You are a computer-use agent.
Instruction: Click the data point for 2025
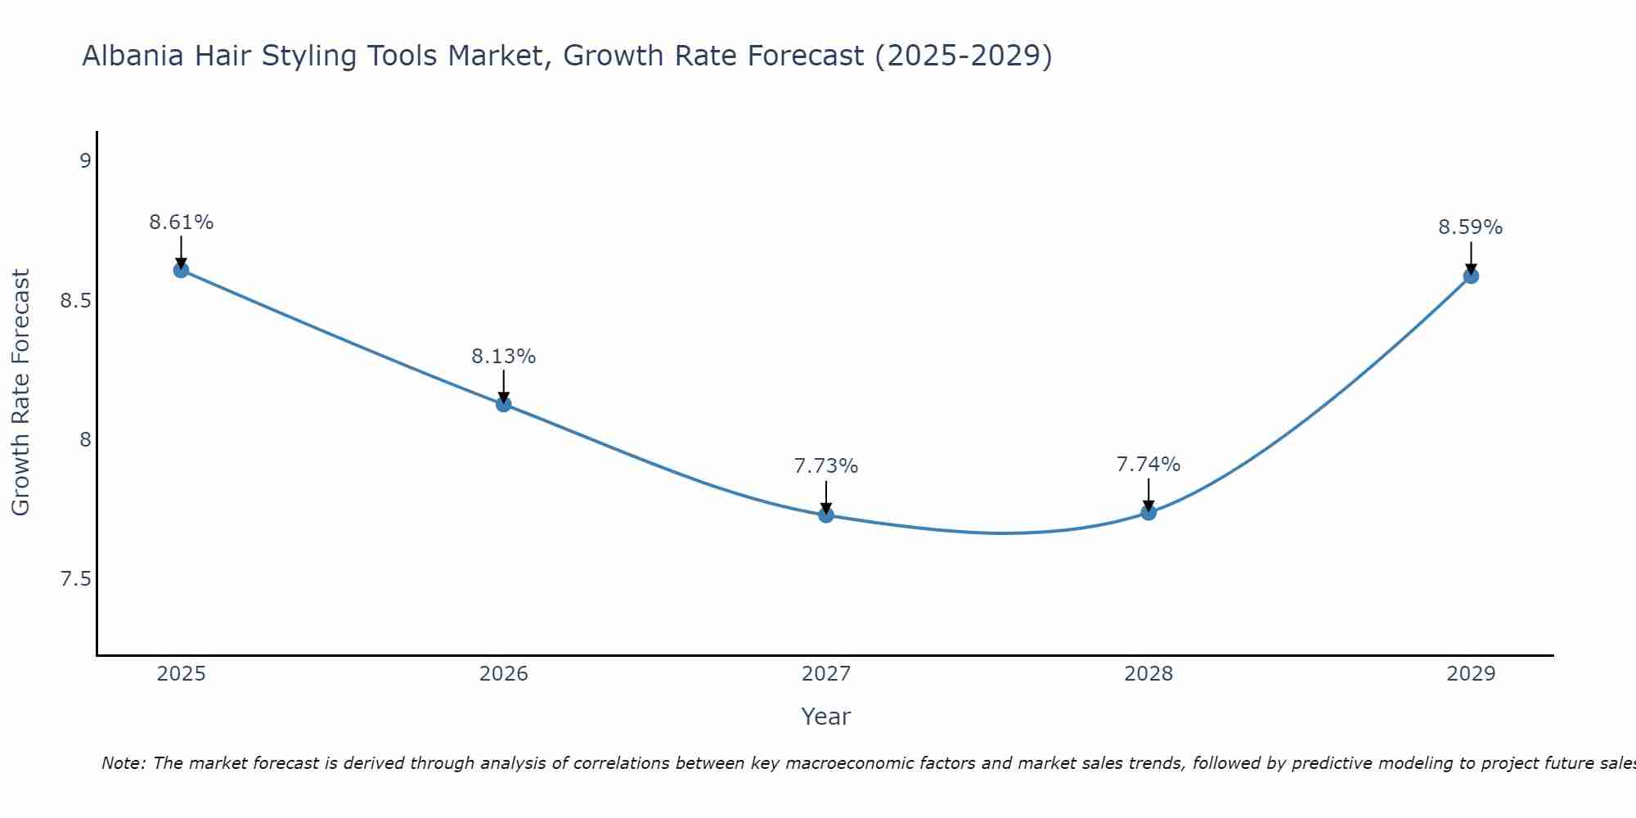click(181, 270)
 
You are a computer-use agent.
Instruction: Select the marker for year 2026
click(503, 404)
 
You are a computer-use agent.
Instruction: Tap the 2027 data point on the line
click(825, 515)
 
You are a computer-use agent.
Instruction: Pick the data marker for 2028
click(1148, 512)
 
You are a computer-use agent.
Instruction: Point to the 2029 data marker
click(1470, 276)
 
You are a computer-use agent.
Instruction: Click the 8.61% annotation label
click(181, 222)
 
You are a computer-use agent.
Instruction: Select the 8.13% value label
click(503, 357)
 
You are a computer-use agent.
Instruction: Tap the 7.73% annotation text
click(825, 466)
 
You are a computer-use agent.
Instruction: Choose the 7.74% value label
click(1148, 465)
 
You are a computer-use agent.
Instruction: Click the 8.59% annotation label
click(1470, 227)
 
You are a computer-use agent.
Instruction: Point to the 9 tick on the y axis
click(84, 161)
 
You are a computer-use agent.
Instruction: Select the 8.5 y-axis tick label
click(75, 301)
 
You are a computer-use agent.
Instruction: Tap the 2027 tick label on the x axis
click(825, 674)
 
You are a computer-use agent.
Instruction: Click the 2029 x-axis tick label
click(1470, 674)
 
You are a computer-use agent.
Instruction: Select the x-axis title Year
click(825, 717)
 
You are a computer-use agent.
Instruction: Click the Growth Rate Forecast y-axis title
click(20, 393)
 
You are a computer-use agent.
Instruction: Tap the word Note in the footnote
click(122, 763)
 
